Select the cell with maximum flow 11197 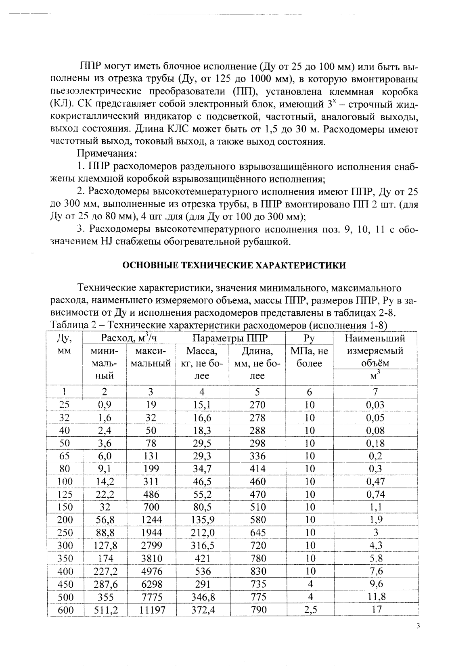[152, 610]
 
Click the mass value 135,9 [203, 520]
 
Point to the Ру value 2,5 [309, 610]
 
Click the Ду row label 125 [65, 494]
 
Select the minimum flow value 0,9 [105, 405]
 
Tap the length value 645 [257, 533]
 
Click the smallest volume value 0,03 [375, 405]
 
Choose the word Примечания [107, 154]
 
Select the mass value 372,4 [203, 610]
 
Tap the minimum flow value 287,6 [105, 584]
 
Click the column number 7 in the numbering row [375, 392]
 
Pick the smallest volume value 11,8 [375, 597]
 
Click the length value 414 [257, 469]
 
